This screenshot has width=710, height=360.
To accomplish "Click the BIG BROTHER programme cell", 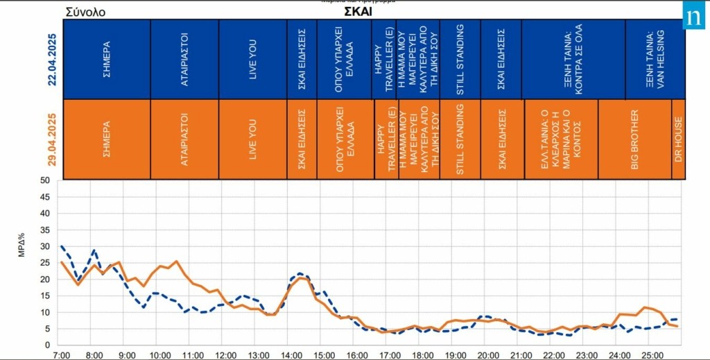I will coord(634,139).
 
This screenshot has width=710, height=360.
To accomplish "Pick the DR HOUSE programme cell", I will coord(678,139).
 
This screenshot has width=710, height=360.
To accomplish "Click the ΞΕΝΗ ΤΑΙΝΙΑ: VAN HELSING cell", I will coord(654,60).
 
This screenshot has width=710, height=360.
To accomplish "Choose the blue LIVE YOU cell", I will coord(253,60).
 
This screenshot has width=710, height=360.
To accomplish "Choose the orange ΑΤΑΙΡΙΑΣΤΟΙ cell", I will coord(184,139).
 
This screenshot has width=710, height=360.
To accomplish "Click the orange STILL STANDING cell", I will coord(460,139).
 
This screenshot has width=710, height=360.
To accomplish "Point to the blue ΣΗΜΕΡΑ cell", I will coord(106,60).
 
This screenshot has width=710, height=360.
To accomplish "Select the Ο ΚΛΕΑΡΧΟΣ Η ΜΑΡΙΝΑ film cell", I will coord(560,139).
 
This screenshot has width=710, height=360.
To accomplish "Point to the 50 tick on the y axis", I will coord(45,180).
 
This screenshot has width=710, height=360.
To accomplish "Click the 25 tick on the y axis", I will coord(45,263).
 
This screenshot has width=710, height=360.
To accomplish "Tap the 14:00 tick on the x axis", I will coord(291,354).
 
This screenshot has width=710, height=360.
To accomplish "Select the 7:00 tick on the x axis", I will coord(61,354).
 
